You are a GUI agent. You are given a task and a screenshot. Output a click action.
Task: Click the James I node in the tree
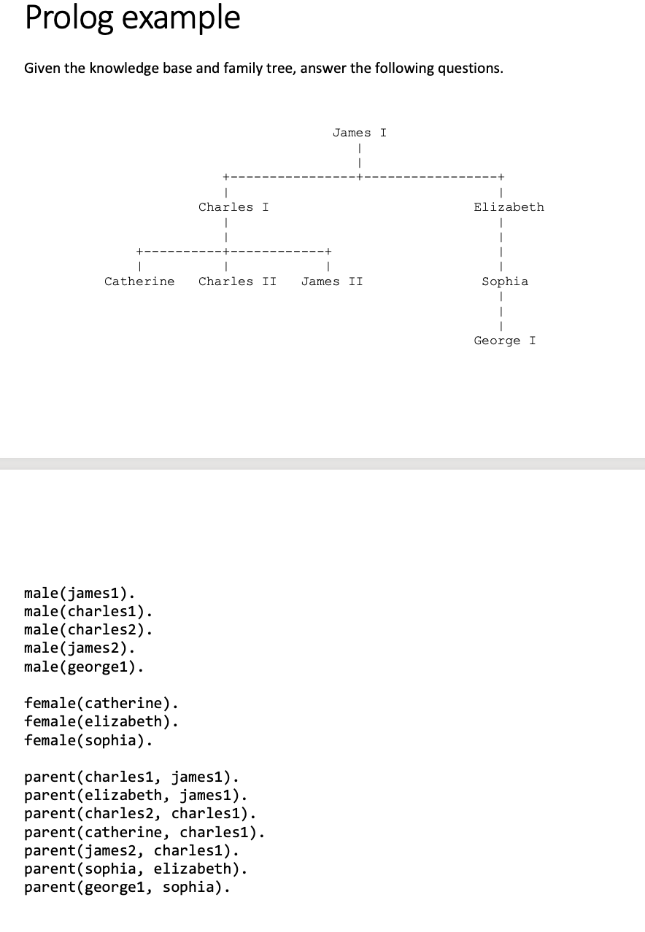(x=359, y=133)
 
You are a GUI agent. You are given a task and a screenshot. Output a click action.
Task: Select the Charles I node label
(x=233, y=207)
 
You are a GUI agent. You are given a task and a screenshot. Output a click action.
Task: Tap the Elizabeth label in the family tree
(x=509, y=207)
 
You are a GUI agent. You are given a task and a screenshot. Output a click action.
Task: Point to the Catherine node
(x=139, y=281)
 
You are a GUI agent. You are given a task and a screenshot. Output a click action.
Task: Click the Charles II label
(x=237, y=281)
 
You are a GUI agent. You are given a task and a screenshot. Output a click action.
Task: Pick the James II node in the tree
(x=332, y=281)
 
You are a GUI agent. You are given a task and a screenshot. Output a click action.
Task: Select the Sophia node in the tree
(x=505, y=281)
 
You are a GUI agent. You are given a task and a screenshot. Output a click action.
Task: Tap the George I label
(x=504, y=341)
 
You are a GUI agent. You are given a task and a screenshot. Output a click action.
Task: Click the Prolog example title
(x=132, y=18)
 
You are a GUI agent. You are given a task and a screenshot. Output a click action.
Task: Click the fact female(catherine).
(x=101, y=704)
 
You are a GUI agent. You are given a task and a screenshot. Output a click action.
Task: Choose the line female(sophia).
(x=88, y=741)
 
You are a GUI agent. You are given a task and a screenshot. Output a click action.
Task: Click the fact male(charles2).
(x=88, y=629)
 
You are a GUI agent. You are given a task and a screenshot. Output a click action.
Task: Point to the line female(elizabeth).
(x=101, y=722)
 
